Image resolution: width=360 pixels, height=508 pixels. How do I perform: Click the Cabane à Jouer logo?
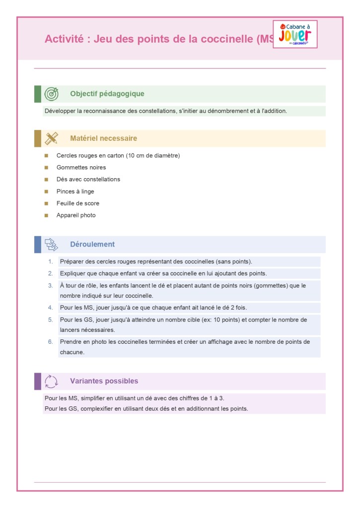[x=295, y=34]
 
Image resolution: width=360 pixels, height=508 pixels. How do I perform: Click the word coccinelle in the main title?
[x=222, y=39]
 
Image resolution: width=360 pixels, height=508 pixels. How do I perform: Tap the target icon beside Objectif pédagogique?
[x=51, y=94]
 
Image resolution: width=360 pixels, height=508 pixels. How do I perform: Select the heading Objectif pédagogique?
[x=107, y=94]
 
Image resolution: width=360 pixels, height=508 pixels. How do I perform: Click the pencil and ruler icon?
[x=51, y=138]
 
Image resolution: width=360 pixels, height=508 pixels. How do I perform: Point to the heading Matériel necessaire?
[x=103, y=138]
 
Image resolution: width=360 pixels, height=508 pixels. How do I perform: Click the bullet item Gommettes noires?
[x=81, y=168]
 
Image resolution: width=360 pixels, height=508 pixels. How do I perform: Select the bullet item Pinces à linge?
[x=75, y=191]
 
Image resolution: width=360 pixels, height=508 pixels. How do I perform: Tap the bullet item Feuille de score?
[x=77, y=203]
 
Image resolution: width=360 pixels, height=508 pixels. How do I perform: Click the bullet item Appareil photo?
[x=76, y=215]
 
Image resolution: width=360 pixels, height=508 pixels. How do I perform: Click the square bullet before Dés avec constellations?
[x=46, y=180]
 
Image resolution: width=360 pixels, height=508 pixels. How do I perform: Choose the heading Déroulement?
[x=92, y=244]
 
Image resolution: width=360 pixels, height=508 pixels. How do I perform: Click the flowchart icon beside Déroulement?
[x=51, y=244]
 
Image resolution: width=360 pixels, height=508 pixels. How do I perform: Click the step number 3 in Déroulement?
[x=50, y=286]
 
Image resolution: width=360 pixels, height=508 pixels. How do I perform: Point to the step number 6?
[x=50, y=342]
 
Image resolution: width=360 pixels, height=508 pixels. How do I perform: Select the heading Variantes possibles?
[x=104, y=381]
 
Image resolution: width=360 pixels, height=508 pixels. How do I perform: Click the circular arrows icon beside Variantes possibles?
[x=51, y=381]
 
